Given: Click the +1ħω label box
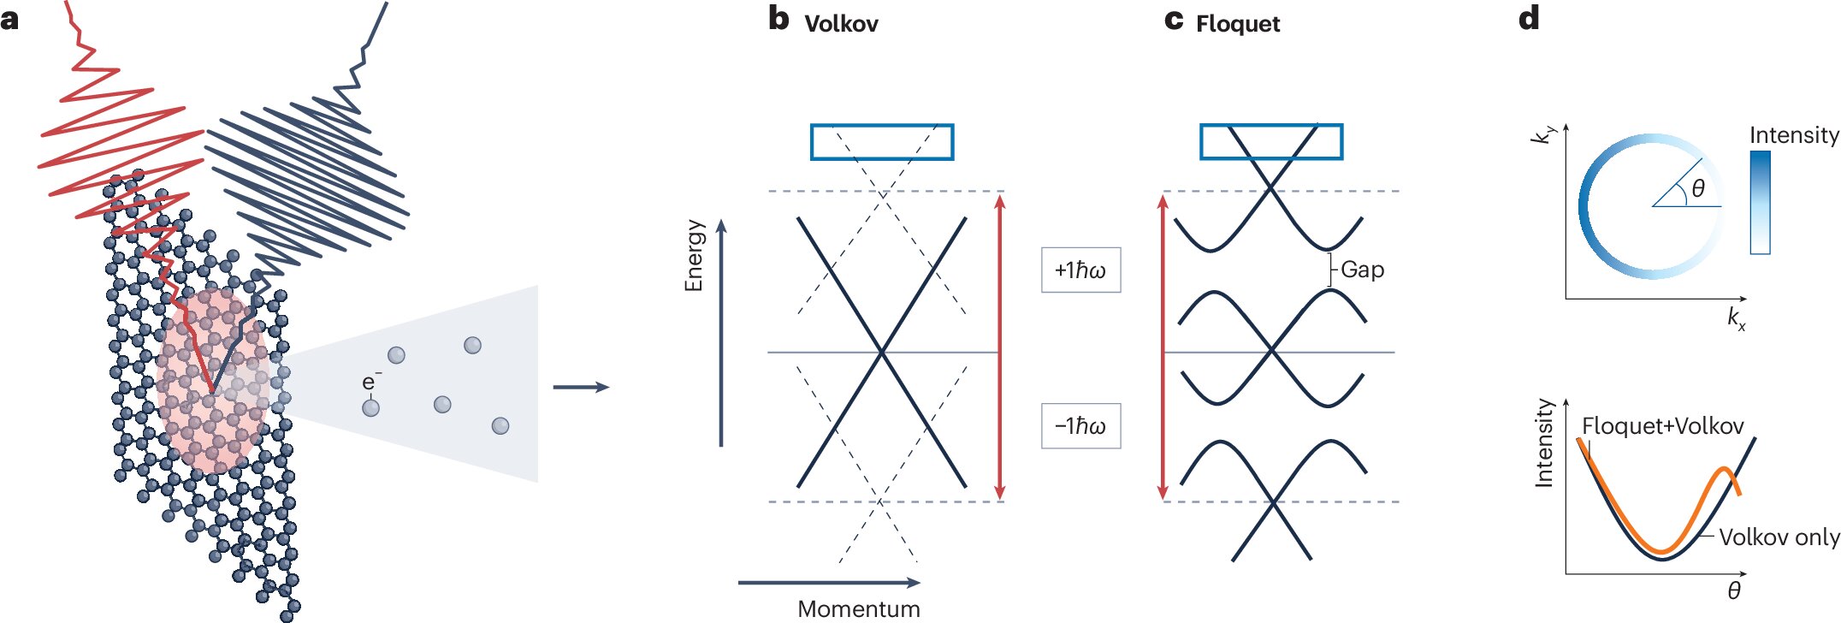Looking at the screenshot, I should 1080,270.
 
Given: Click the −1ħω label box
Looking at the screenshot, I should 1080,426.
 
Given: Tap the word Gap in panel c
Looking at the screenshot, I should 1362,270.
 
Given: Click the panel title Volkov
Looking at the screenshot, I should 841,24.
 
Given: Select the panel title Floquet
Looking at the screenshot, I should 1237,24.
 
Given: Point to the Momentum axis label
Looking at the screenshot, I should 858,608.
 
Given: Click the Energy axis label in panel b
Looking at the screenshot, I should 694,255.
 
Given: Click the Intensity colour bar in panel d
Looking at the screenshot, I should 1760,203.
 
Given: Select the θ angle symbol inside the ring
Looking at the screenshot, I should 1698,188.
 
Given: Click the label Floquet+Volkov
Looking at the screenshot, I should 1662,426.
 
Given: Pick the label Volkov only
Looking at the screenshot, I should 1779,537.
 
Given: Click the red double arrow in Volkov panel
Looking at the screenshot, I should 1000,347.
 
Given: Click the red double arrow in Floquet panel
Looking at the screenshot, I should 1162,347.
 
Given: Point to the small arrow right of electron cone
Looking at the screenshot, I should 581,388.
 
